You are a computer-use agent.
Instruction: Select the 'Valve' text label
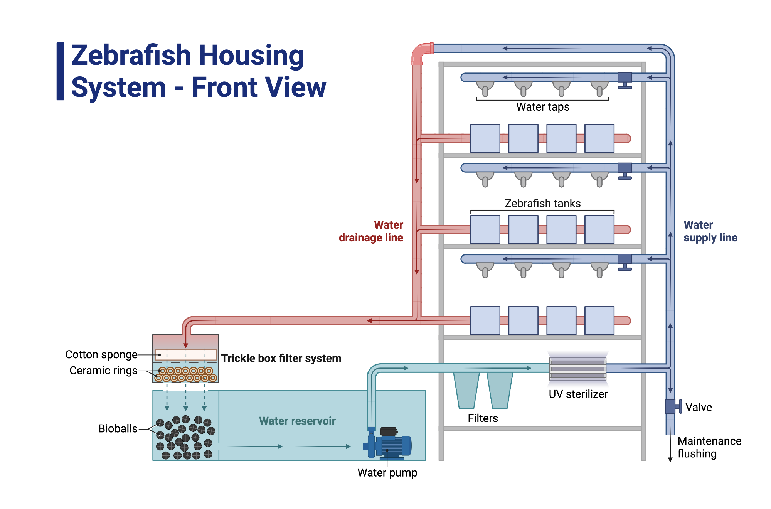pyautogui.click(x=699, y=407)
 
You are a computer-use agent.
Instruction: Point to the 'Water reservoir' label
pyautogui.click(x=297, y=421)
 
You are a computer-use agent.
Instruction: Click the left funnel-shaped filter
pyautogui.click(x=466, y=389)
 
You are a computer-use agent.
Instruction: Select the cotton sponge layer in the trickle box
pyautogui.click(x=185, y=354)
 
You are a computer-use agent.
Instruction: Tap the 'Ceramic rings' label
pyautogui.click(x=103, y=371)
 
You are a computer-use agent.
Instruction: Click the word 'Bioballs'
pyautogui.click(x=118, y=428)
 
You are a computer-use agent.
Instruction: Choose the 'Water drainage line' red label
pyautogui.click(x=371, y=231)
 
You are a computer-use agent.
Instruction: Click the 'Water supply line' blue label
pyautogui.click(x=710, y=231)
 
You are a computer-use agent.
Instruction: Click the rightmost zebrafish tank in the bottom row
pyautogui.click(x=599, y=320)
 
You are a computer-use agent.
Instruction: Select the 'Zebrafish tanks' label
pyautogui.click(x=542, y=203)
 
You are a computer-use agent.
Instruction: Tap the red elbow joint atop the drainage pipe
pyautogui.click(x=421, y=53)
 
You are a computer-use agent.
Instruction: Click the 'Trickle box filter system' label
pyautogui.click(x=281, y=358)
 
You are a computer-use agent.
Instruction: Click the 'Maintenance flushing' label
pyautogui.click(x=709, y=447)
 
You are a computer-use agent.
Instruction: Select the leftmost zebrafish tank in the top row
pyautogui.click(x=485, y=138)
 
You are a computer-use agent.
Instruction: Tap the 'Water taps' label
pyautogui.click(x=542, y=107)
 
